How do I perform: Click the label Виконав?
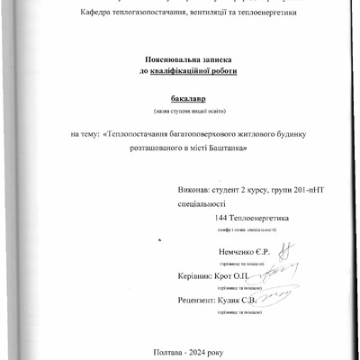(x=197, y=191)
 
